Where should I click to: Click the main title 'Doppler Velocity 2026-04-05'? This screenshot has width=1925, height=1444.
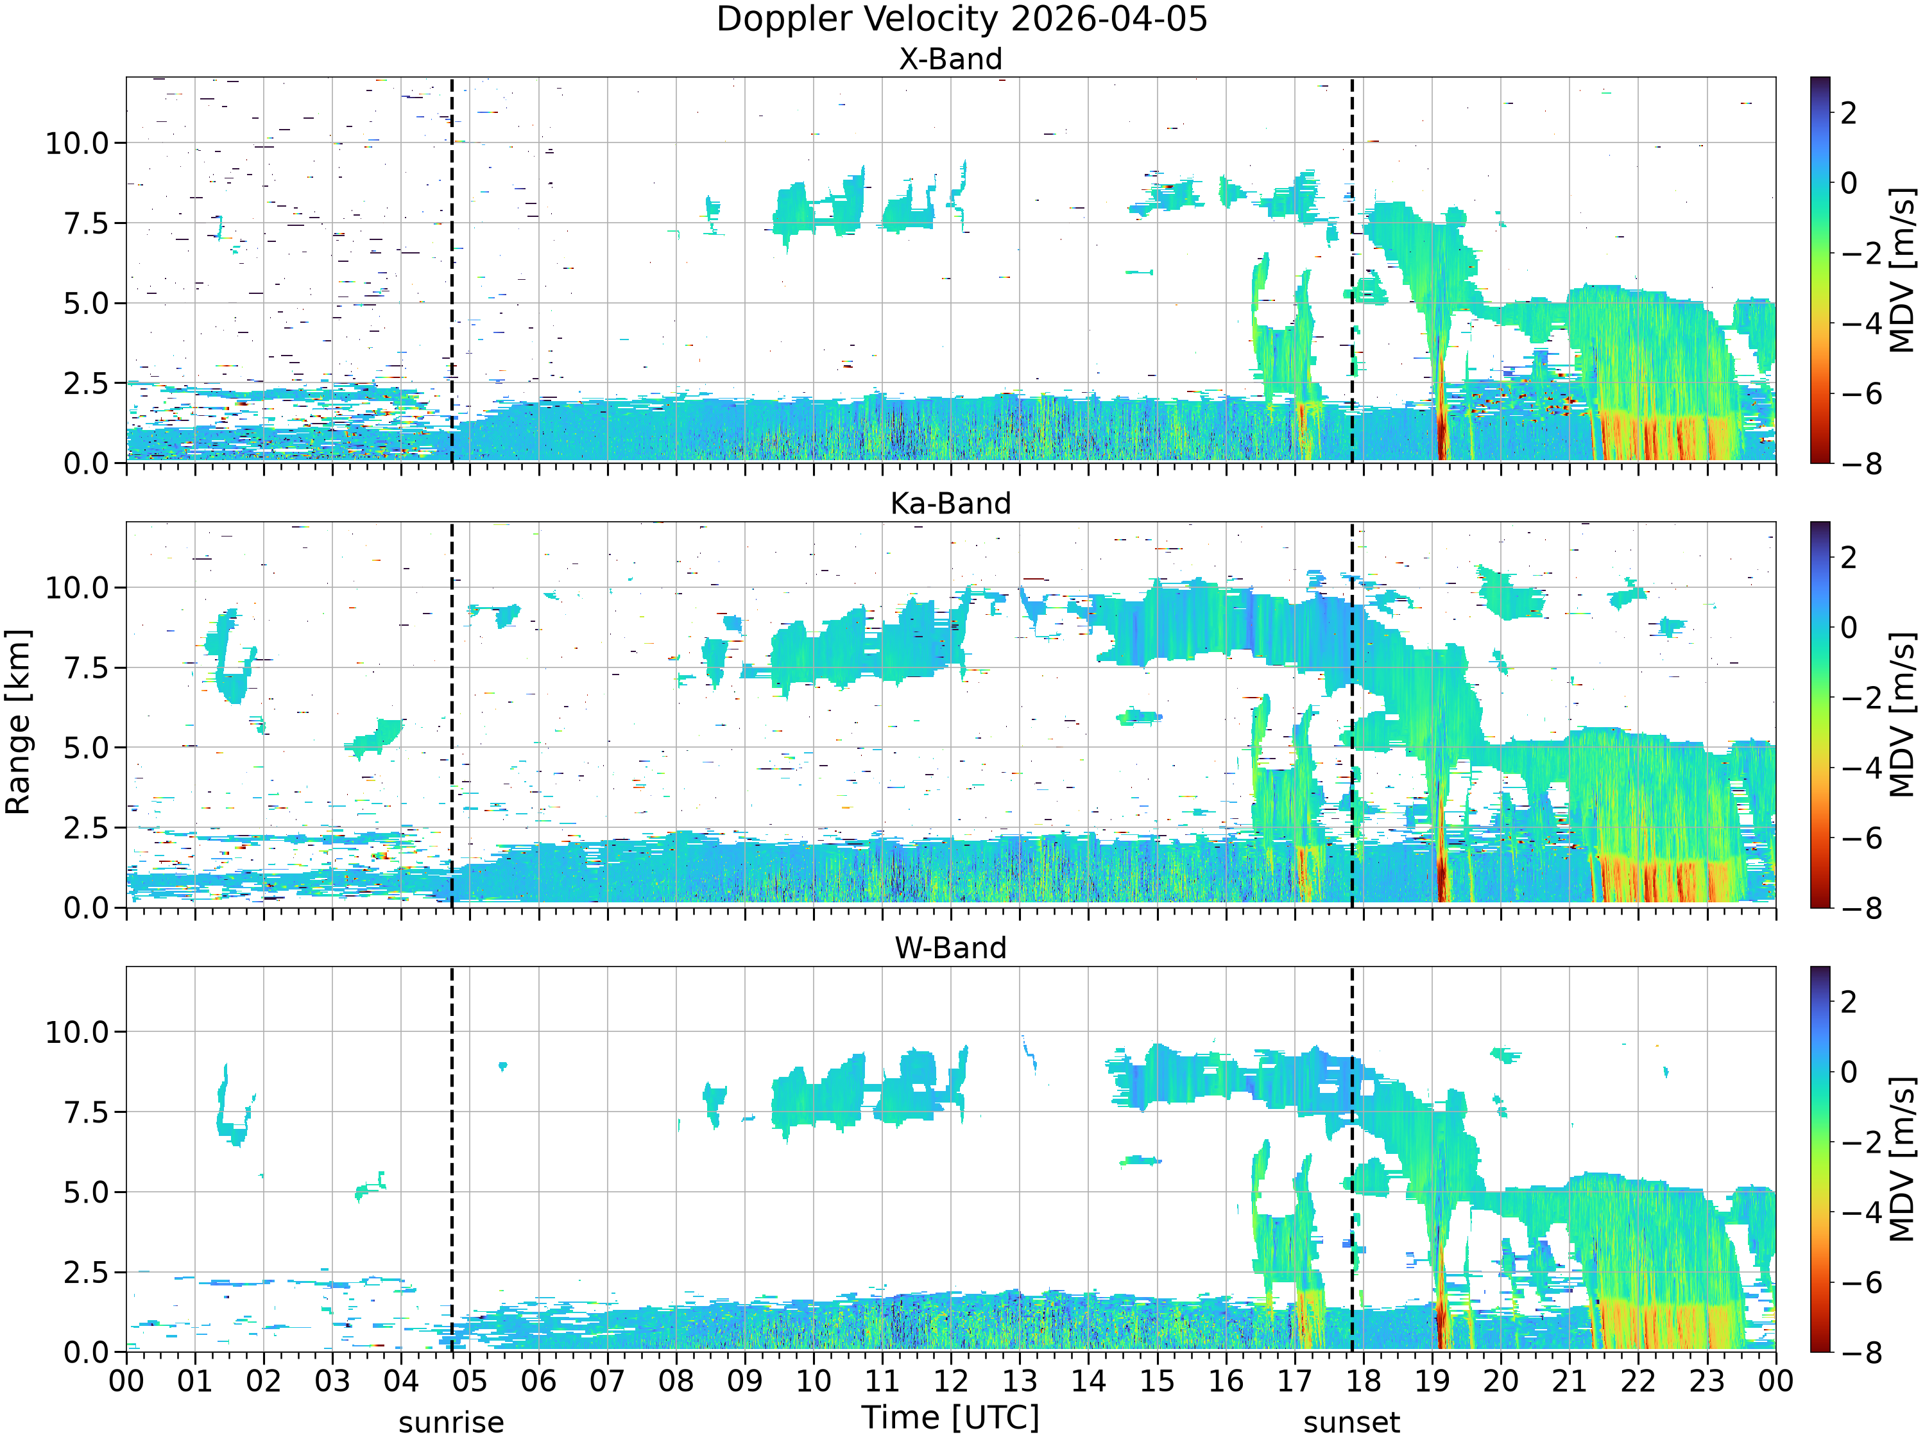962,19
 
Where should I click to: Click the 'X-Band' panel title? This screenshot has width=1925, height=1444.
950,59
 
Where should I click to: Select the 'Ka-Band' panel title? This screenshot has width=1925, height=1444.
950,503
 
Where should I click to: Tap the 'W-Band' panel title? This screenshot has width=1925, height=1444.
950,948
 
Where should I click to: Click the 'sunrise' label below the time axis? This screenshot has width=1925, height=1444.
451,1423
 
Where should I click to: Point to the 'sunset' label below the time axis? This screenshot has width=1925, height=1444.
1351,1423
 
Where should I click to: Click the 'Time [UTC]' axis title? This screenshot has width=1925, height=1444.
950,1418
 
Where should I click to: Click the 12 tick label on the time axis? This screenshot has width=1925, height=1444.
950,1381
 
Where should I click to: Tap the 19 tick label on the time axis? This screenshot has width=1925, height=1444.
1432,1381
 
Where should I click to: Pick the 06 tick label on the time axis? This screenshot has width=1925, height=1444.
538,1381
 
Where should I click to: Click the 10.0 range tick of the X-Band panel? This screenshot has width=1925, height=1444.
78,142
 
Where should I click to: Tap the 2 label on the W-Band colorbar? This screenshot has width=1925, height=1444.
1849,1002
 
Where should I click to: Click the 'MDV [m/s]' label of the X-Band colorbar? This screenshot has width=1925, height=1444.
1903,270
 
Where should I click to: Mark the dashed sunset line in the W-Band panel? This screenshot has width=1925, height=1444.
1351,1158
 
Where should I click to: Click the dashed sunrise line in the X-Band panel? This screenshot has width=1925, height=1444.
452,270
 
